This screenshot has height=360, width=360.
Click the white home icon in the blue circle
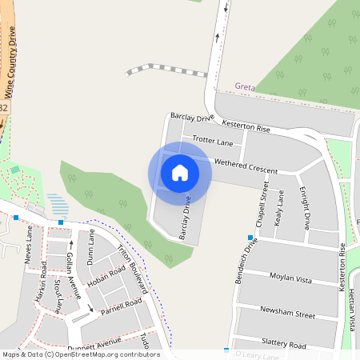point(180,173)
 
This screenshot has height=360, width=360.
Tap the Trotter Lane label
point(213,142)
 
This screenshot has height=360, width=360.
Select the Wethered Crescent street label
point(246,166)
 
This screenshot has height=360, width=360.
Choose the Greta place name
point(243,86)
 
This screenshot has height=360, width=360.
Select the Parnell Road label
point(122,307)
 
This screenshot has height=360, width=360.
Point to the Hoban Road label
point(106,276)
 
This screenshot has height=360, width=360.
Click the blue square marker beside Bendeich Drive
point(250,238)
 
